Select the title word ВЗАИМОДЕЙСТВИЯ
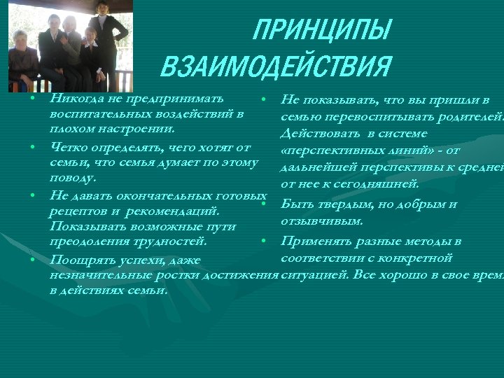click(275, 67)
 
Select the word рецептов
click(78, 211)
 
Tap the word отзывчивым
click(321, 221)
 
